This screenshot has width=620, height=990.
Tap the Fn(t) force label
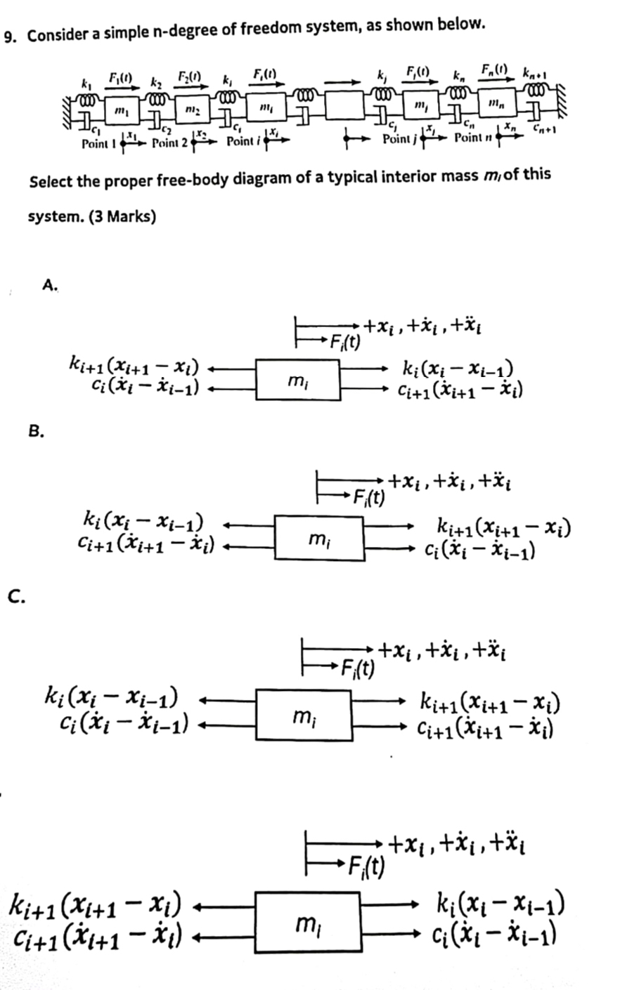pyautogui.click(x=495, y=71)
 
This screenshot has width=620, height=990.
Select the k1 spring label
pyautogui.click(x=86, y=82)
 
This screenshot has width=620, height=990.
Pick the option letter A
pyautogui.click(x=49, y=284)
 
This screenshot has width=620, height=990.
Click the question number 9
pyautogui.click(x=10, y=35)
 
